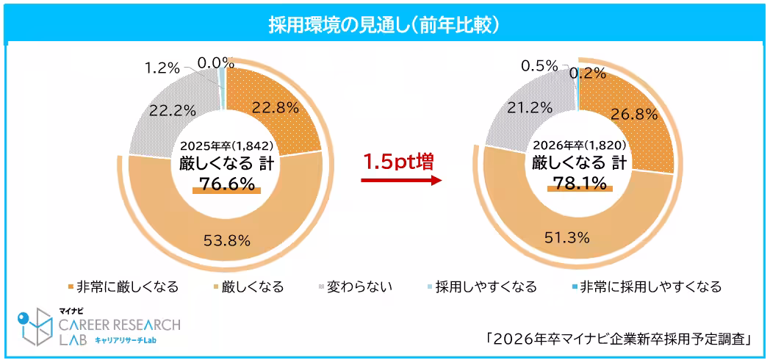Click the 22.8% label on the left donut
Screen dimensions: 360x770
(x=276, y=107)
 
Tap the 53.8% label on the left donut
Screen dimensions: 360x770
(x=228, y=239)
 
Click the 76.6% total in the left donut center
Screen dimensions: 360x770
(x=226, y=183)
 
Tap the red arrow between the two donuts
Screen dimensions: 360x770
(x=401, y=181)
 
